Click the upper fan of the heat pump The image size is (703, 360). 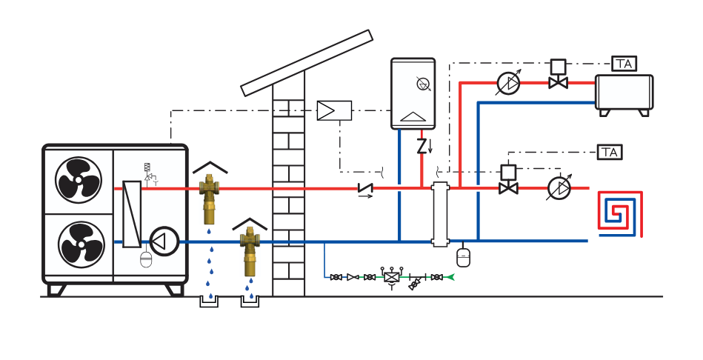pos(78,180)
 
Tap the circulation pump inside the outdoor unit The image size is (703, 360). pos(164,241)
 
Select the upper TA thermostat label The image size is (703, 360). pos(624,64)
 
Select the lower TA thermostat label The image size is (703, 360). pos(610,153)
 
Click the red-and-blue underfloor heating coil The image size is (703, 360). pos(620,214)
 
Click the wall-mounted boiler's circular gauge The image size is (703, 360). pos(424,84)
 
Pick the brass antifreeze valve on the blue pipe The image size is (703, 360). pos(249,253)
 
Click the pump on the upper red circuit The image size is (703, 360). pos(507,83)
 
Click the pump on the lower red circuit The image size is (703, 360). pos(559,188)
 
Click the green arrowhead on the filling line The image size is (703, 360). pos(450,277)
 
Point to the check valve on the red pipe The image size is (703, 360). pos(364,189)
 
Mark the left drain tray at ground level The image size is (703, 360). pos(210,301)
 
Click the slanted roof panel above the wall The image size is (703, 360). pos(307,62)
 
